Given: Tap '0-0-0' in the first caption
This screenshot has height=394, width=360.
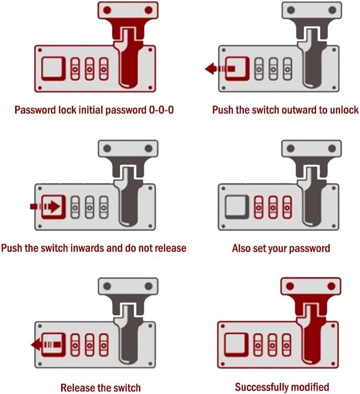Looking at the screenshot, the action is [x=161, y=110].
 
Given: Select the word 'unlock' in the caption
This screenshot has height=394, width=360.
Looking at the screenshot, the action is [x=344, y=110].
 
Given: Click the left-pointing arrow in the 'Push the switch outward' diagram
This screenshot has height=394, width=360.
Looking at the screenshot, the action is [x=220, y=68].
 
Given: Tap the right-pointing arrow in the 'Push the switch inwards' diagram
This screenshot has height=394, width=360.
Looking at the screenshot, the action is [x=45, y=206].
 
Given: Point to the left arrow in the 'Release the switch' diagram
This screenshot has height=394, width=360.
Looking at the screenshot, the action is [x=46, y=344].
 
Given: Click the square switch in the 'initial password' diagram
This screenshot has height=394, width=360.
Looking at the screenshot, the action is [x=54, y=69].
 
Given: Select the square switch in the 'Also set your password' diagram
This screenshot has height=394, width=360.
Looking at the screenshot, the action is [x=237, y=207].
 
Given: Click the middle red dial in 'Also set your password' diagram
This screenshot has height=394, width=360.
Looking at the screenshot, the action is [x=273, y=207].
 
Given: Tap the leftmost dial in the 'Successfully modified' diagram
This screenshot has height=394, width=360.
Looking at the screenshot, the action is [x=258, y=345].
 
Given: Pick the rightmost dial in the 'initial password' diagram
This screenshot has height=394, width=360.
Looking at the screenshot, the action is [x=104, y=69].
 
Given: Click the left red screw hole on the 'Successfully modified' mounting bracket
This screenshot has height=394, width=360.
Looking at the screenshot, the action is [x=290, y=286].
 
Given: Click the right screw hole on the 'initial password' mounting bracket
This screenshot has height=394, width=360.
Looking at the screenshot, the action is [x=148, y=10].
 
